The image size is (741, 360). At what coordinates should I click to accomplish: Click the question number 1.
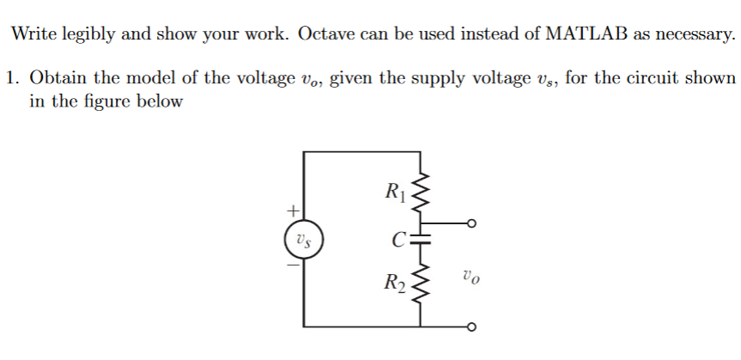pyautogui.click(x=12, y=77)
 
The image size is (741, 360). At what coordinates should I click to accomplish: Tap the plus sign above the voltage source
pyautogui.click(x=293, y=209)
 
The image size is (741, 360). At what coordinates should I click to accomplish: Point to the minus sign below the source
pyautogui.click(x=293, y=265)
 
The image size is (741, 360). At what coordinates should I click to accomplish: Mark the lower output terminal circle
pyautogui.click(x=470, y=326)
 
